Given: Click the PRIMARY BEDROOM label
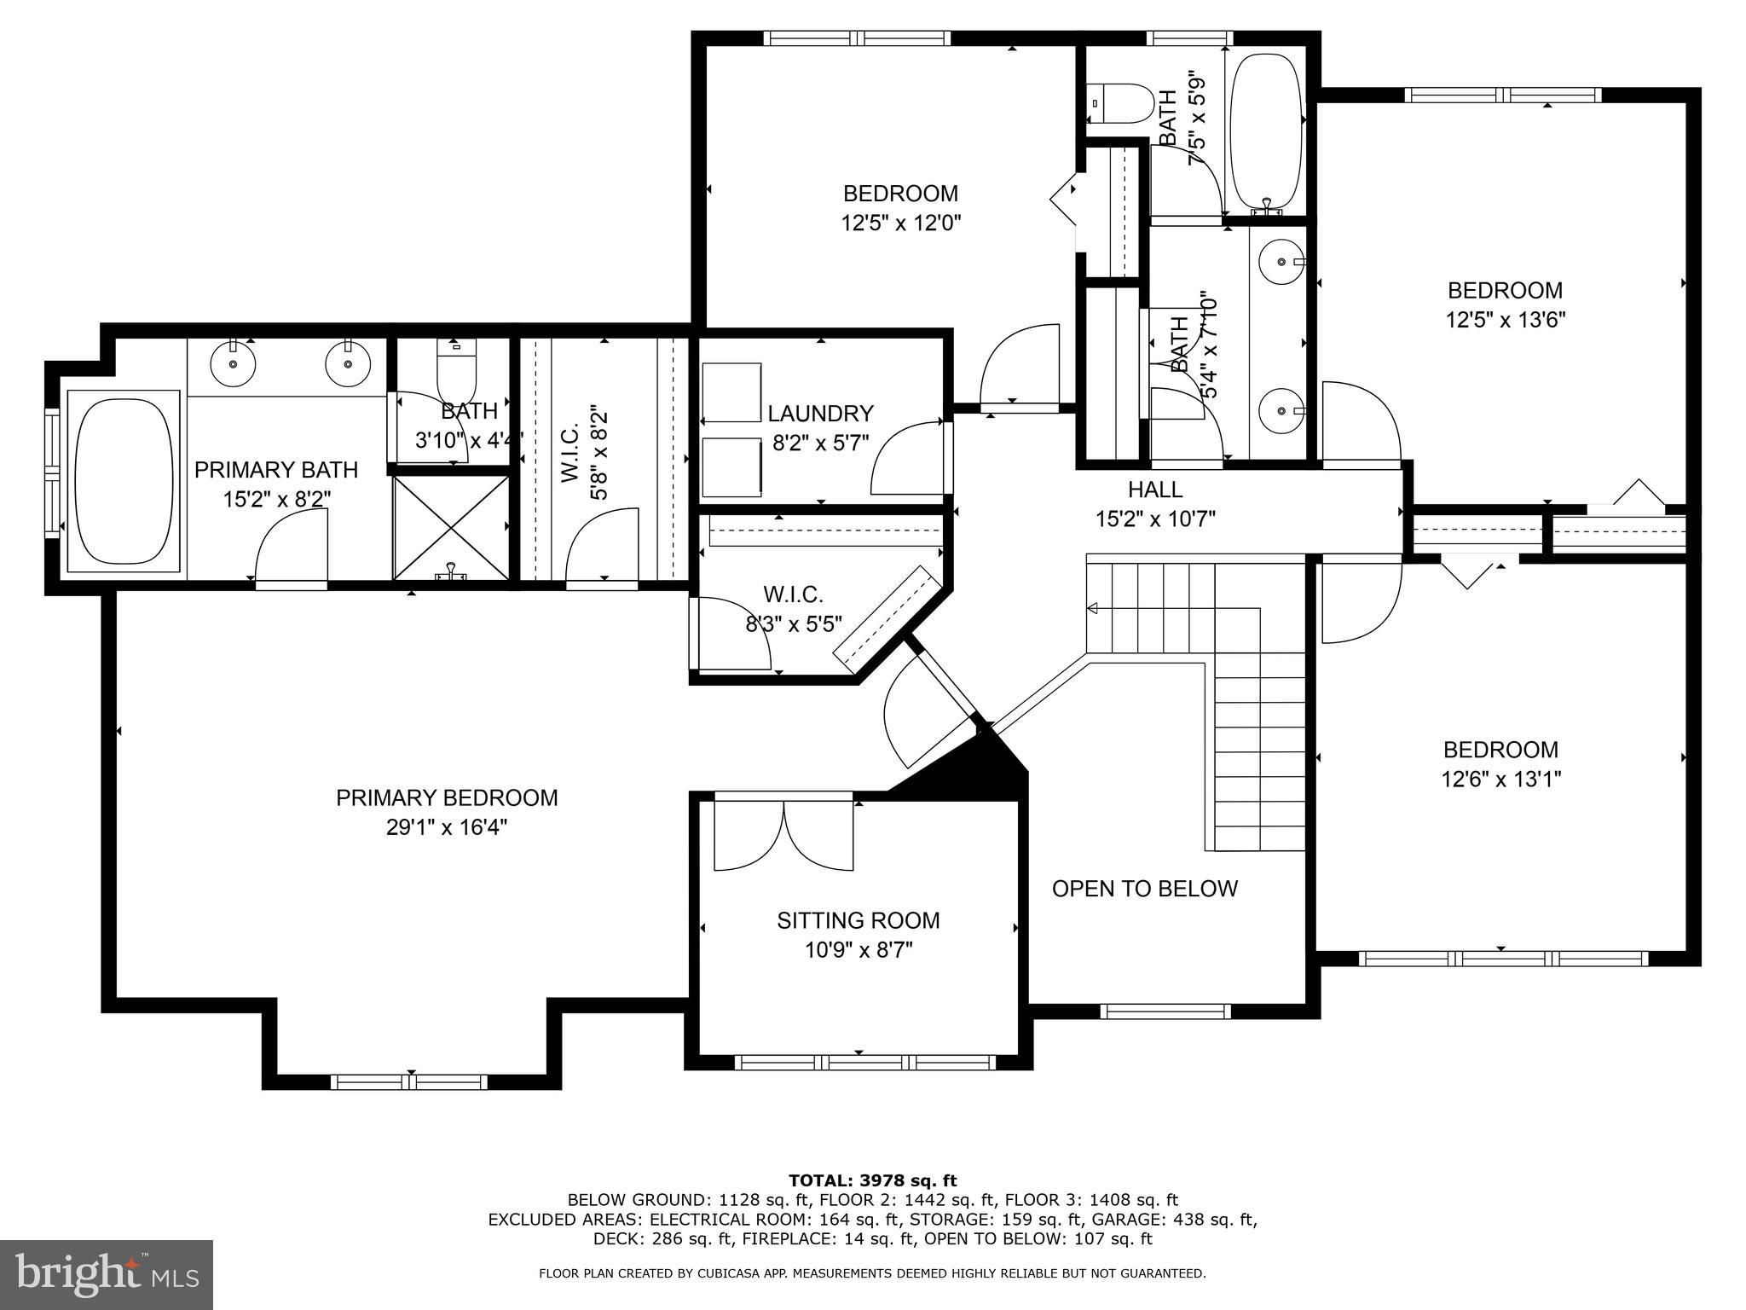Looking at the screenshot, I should (x=447, y=797).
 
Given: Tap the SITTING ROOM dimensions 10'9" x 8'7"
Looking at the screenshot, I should (x=858, y=950).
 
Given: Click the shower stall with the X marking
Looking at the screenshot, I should (x=450, y=526).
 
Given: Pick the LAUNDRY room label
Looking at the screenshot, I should (x=820, y=414).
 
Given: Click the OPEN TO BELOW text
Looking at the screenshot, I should (x=1144, y=889).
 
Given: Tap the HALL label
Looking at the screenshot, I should (x=1155, y=490).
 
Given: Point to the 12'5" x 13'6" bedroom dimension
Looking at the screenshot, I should (x=1505, y=320).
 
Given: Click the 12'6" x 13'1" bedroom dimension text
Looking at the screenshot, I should (x=1500, y=779).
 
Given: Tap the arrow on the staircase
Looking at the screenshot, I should (x=1092, y=608).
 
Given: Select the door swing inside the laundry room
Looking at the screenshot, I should (x=905, y=461).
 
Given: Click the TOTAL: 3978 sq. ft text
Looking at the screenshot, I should (x=872, y=1180).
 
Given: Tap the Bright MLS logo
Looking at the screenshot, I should (x=107, y=1274).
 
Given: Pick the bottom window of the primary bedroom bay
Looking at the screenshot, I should (x=409, y=1082).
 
